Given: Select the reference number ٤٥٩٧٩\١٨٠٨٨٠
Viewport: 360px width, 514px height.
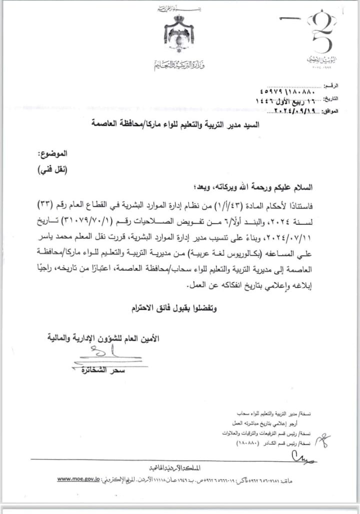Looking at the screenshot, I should pos(287,92).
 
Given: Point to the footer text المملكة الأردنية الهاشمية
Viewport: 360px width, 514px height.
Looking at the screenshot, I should pos(175,467).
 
